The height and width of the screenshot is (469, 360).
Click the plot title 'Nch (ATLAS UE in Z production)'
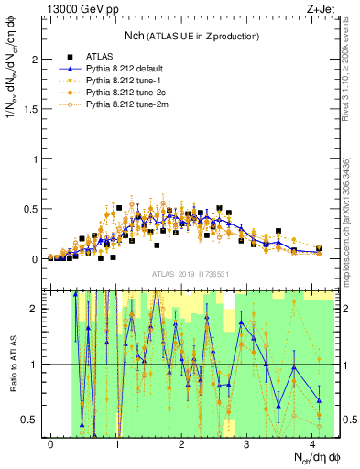(191, 36)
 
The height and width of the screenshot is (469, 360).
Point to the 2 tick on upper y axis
(37, 60)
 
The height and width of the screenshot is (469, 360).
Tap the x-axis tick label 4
(312, 444)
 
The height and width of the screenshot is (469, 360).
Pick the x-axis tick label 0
(51, 444)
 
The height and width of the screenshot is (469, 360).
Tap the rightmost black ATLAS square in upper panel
(318, 248)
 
